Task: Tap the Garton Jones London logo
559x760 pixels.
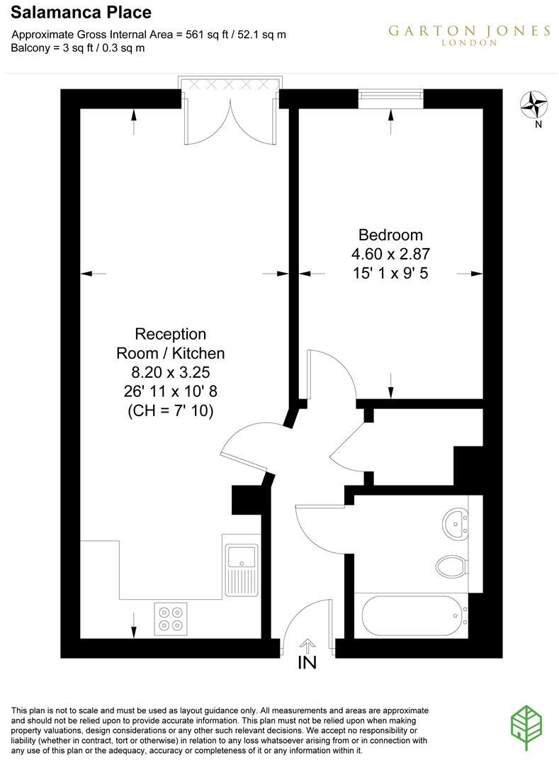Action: coord(468,34)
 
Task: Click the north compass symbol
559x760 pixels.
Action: coord(536,106)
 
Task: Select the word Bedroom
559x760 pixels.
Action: coord(390,235)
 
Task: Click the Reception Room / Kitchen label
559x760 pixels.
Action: coord(170,343)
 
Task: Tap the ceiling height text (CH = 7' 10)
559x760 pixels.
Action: coord(170,409)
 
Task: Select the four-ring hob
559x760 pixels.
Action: coord(171,616)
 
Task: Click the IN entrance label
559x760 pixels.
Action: coord(307,663)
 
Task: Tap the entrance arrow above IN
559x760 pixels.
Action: coord(307,645)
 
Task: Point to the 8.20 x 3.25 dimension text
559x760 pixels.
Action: coord(170,371)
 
